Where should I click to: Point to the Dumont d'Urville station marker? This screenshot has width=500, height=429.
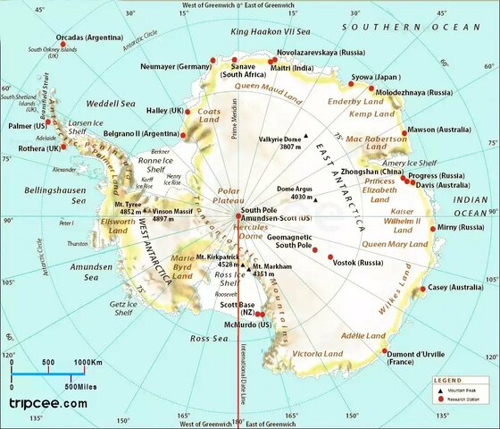point(385,350)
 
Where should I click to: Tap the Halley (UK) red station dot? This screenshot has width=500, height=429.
point(189,111)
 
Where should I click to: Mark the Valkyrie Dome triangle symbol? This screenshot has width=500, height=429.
point(305,137)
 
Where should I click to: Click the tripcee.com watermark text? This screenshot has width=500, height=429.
point(48,403)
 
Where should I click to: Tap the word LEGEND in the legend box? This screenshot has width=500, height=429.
point(448,381)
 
